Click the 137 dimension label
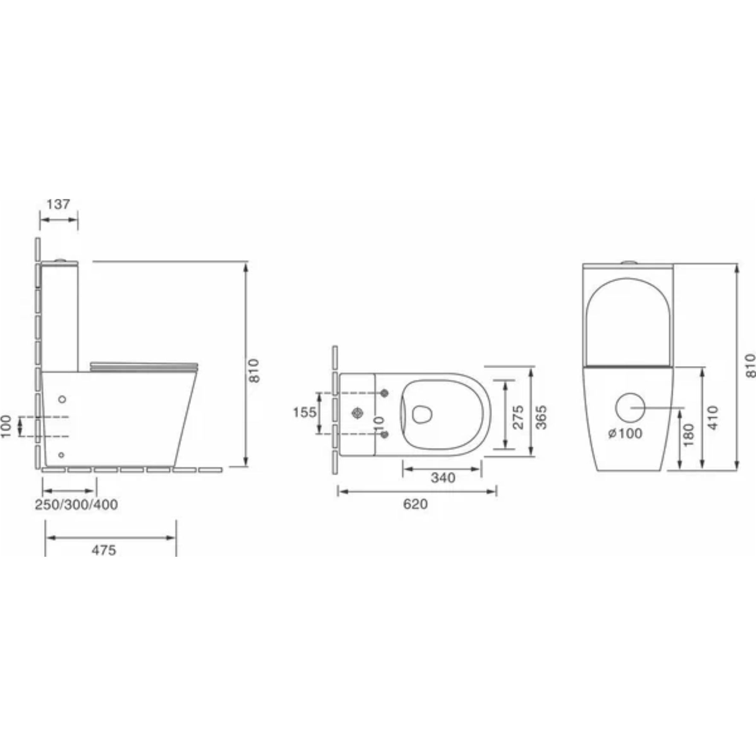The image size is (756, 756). click(x=58, y=204)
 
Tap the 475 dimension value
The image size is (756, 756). click(x=104, y=550)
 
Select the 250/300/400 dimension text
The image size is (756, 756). click(x=76, y=504)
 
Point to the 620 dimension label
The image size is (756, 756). click(x=415, y=504)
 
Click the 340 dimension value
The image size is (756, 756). click(x=443, y=477)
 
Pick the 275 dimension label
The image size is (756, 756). click(x=518, y=417)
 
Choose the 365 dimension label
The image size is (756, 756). click(x=541, y=417)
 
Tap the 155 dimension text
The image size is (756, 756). click(x=304, y=412)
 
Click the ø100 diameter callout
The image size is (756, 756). click(x=626, y=433)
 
